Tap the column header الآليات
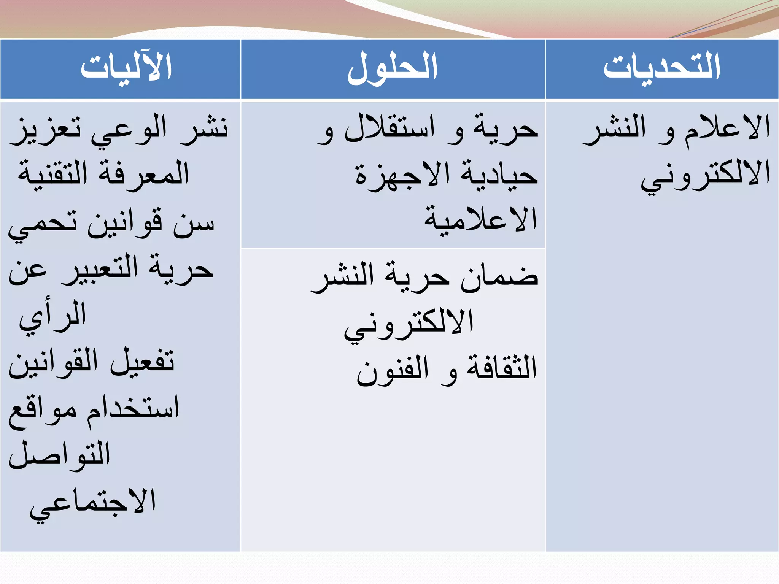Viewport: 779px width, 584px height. [126, 67]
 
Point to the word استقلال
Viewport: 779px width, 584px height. [389, 129]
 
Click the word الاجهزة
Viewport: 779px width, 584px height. [403, 175]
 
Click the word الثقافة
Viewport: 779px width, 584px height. [502, 368]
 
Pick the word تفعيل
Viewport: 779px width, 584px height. [142, 361]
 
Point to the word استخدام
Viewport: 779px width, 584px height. [133, 408]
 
